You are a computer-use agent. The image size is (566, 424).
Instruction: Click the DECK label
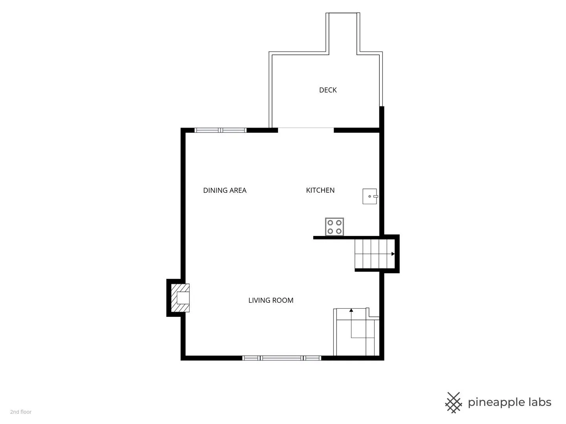pyautogui.click(x=328, y=90)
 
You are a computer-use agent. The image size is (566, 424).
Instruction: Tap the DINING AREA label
pyautogui.click(x=224, y=190)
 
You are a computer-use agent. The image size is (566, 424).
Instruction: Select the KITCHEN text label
pyautogui.click(x=320, y=190)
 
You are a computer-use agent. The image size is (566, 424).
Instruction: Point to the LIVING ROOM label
pyautogui.click(x=271, y=300)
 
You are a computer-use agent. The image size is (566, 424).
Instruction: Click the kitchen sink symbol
pyautogui.click(x=370, y=196)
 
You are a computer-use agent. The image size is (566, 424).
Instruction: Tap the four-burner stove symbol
pyautogui.click(x=334, y=227)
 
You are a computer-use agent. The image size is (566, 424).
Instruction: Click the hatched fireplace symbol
pyautogui.click(x=180, y=298)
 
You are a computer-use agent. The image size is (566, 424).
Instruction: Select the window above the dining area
pyautogui.click(x=221, y=130)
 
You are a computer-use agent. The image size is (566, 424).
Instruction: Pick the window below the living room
pyautogui.click(x=281, y=358)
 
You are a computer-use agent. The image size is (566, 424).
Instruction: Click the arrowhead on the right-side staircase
pyautogui.click(x=393, y=254)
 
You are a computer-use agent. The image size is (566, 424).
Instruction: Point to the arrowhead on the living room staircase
pyautogui.click(x=351, y=310)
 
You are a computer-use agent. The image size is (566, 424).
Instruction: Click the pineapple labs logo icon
pyautogui.click(x=454, y=403)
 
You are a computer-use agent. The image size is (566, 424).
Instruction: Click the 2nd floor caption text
pyautogui.click(x=21, y=412)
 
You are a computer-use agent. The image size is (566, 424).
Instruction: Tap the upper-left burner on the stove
pyautogui.click(x=330, y=223)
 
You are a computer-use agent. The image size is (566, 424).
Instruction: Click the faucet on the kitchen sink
pyautogui.click(x=376, y=196)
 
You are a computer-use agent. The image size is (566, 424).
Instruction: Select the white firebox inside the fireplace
pyautogui.click(x=183, y=298)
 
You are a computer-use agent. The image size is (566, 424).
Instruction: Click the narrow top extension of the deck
pyautogui.click(x=343, y=33)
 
